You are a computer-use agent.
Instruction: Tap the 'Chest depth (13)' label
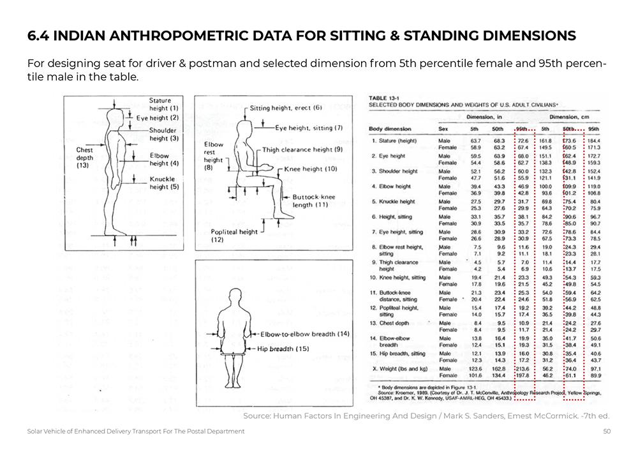pos(84,157)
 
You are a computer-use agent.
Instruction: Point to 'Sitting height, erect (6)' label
pos(286,108)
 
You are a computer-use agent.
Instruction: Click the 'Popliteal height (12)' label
pos(235,236)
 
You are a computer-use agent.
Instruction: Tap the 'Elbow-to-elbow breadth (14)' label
pos(305,334)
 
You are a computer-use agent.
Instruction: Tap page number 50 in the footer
pos(607,432)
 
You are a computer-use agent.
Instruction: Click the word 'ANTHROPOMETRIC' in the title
pos(195,36)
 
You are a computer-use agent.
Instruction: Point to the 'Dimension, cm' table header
pos(563,117)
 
